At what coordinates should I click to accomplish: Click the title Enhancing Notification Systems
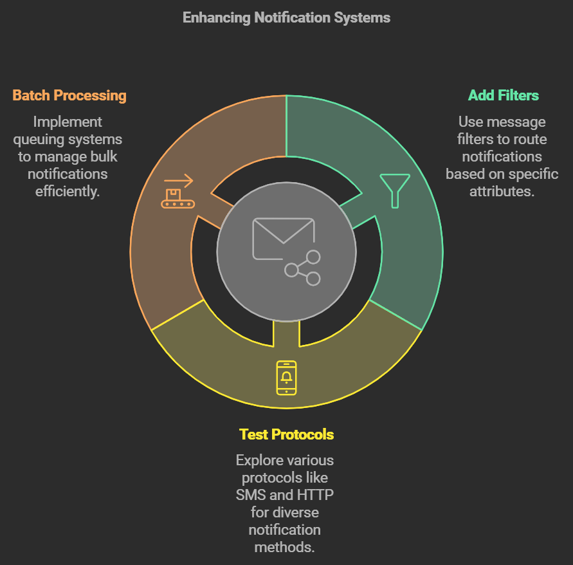286,17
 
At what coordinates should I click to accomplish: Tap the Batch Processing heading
69,96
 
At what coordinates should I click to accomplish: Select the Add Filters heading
503,96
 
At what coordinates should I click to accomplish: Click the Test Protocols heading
286,434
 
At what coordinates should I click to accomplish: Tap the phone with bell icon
286,378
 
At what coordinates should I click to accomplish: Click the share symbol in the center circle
304,268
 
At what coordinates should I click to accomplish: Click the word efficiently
68,191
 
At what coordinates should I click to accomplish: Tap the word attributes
502,191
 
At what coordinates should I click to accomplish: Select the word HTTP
315,495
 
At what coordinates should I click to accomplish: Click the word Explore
259,460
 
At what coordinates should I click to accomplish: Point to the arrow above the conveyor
178,180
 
